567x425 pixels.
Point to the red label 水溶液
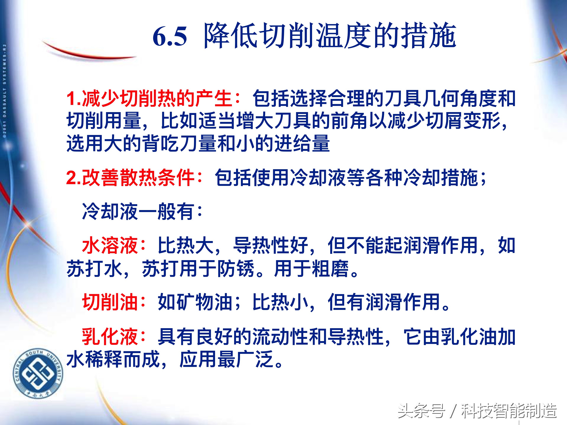pos(110,245)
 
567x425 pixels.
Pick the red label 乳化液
pos(110,337)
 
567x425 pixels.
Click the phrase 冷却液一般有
pos(138,212)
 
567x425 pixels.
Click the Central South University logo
pos(38,374)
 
